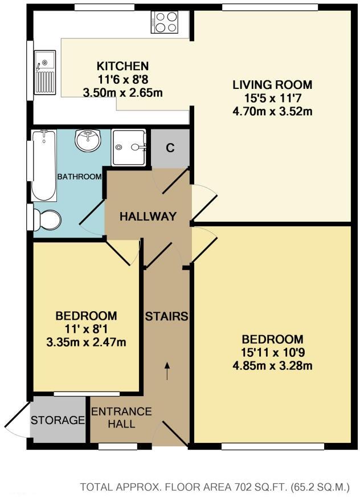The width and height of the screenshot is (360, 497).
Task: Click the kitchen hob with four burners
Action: pyautogui.click(x=166, y=22)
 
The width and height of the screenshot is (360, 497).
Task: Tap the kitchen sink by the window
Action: pyautogui.click(x=45, y=71)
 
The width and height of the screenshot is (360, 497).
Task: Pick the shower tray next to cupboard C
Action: pyautogui.click(x=129, y=148)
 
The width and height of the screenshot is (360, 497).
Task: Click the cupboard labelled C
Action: pyautogui.click(x=170, y=148)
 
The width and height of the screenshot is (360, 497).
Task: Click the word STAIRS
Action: pyautogui.click(x=166, y=316)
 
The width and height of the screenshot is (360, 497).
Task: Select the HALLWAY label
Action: pyautogui.click(x=148, y=216)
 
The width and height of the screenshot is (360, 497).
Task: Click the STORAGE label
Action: pyautogui.click(x=58, y=421)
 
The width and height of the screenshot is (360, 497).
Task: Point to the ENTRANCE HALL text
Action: pyautogui.click(x=121, y=418)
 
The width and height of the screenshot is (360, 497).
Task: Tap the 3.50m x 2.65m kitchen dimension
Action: pyautogui.click(x=122, y=92)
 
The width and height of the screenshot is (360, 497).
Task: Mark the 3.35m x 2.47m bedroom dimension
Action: pyautogui.click(x=86, y=342)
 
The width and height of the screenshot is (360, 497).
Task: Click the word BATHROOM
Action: pyautogui.click(x=80, y=177)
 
